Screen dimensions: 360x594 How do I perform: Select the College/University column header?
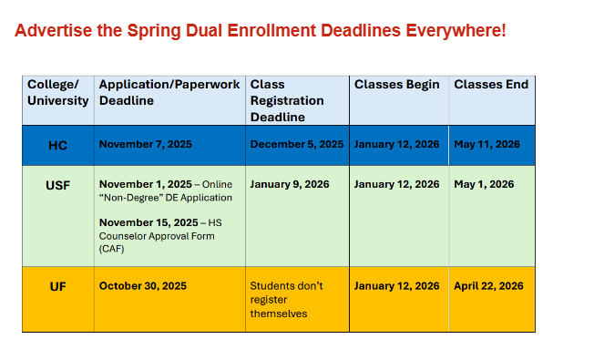pyautogui.click(x=57, y=92)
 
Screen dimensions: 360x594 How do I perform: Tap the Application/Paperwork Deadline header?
pyautogui.click(x=169, y=92)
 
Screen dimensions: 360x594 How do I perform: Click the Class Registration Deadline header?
pyautogui.click(x=287, y=100)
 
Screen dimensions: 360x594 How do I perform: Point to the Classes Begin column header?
pyautogui.click(x=396, y=85)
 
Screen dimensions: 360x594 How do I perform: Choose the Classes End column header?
pyautogui.click(x=491, y=85)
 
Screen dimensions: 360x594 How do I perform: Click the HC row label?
pyautogui.click(x=57, y=144)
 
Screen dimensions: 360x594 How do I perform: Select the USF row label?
pyautogui.click(x=57, y=184)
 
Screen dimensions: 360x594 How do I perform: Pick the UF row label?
pyautogui.click(x=57, y=285)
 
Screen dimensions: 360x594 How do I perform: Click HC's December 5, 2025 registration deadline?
pyautogui.click(x=297, y=144)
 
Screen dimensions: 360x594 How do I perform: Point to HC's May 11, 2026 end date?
pyautogui.click(x=487, y=144)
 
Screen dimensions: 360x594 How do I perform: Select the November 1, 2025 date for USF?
pyautogui.click(x=146, y=184)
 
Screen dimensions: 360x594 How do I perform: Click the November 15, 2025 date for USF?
pyautogui.click(x=148, y=222)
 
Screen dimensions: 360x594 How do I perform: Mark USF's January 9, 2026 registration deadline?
pyautogui.click(x=290, y=184)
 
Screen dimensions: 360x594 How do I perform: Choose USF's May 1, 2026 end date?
pyautogui.click(x=484, y=184)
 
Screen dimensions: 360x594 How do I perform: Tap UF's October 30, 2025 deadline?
pyautogui.click(x=142, y=285)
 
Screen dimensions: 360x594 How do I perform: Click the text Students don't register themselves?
pyautogui.click(x=286, y=299)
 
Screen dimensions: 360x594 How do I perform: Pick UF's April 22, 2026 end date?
pyautogui.click(x=488, y=285)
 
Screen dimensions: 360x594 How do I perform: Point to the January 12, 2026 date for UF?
pyautogui.click(x=396, y=285)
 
